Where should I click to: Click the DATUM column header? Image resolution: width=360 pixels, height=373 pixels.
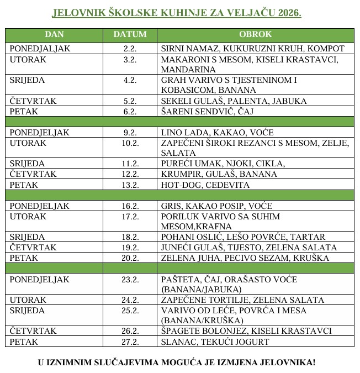(x=130, y=34)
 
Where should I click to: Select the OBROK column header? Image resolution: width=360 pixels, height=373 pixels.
(x=256, y=34)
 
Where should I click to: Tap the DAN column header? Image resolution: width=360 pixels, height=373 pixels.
(x=54, y=34)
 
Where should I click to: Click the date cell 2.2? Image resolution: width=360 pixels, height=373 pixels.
(x=130, y=49)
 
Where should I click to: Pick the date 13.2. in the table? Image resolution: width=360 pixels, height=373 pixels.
(x=130, y=185)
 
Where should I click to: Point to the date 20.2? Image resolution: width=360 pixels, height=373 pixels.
(x=130, y=258)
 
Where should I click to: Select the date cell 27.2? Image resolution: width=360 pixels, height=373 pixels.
(x=130, y=342)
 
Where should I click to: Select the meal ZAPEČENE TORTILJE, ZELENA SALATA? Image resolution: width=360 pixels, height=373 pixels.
(x=242, y=300)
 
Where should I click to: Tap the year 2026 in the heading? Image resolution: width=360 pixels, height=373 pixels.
(x=290, y=13)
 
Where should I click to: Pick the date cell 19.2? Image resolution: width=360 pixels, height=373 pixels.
(x=130, y=248)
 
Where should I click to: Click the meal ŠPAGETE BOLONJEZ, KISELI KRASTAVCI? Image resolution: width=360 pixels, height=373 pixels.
(x=246, y=331)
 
